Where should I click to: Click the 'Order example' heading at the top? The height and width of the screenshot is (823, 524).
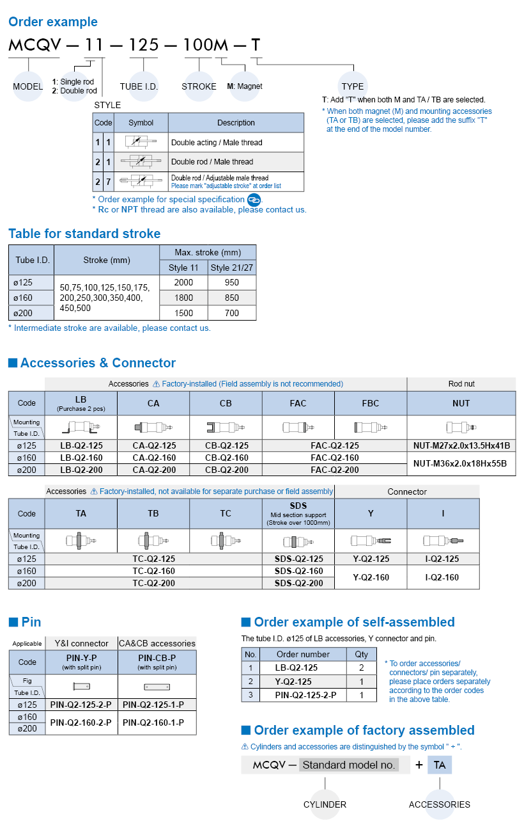click(x=52, y=22)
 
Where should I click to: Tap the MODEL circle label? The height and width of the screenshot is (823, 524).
click(x=27, y=86)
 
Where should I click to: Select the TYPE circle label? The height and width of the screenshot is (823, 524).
click(x=352, y=86)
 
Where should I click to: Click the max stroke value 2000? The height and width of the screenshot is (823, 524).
click(x=183, y=282)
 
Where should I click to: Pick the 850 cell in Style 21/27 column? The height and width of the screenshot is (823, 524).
click(x=232, y=298)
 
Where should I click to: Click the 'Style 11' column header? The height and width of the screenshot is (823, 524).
click(x=183, y=268)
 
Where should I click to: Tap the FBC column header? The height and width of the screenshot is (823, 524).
click(x=370, y=403)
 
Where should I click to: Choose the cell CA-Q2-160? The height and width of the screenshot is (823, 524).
click(x=153, y=458)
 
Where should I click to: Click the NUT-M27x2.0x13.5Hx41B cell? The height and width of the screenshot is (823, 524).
click(x=461, y=445)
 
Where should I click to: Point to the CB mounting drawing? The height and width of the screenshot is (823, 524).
click(x=226, y=427)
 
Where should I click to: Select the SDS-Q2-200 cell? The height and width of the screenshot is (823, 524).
click(x=298, y=583)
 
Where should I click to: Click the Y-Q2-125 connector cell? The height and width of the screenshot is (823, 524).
click(x=371, y=559)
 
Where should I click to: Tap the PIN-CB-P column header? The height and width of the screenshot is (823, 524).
click(x=157, y=661)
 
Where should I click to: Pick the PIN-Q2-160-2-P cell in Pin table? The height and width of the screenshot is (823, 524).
click(x=81, y=723)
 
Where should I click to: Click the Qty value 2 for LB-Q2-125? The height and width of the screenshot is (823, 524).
click(x=362, y=667)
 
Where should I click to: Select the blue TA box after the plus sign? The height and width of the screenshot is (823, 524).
click(x=439, y=765)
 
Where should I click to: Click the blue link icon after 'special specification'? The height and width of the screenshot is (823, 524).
click(x=254, y=200)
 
